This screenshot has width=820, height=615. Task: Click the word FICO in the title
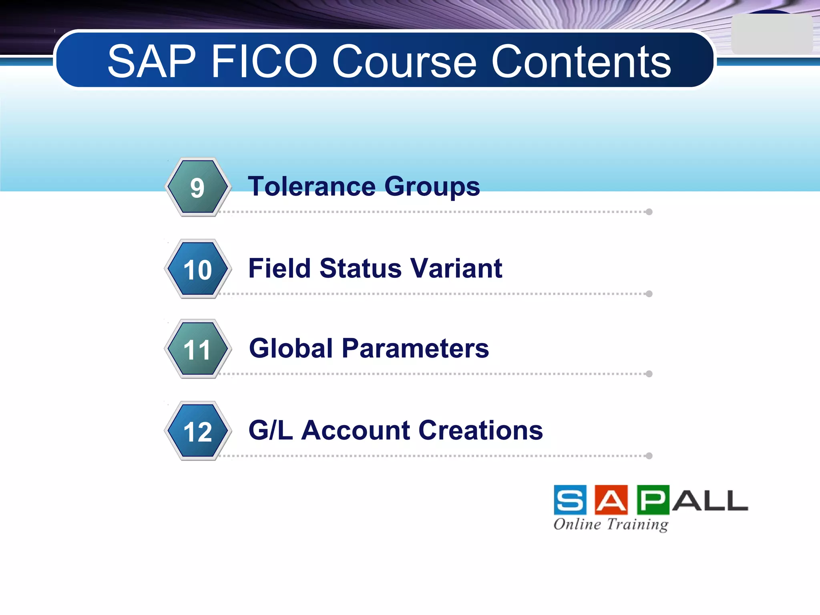click(264, 62)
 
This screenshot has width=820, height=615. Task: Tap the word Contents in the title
click(581, 62)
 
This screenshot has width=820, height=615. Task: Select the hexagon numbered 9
click(197, 187)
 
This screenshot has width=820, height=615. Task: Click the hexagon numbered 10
click(197, 269)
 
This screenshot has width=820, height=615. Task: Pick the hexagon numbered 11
click(197, 349)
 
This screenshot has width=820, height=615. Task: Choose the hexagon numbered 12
click(197, 431)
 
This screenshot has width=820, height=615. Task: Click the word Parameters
click(415, 348)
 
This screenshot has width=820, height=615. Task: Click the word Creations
click(480, 430)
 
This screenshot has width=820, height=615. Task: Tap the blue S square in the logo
click(570, 500)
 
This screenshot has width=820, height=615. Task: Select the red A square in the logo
click(611, 500)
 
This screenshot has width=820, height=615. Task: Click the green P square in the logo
click(653, 500)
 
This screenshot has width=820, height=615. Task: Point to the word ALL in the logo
click(710, 500)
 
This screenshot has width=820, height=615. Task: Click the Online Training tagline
click(611, 524)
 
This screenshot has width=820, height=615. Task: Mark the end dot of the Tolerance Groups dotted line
click(649, 212)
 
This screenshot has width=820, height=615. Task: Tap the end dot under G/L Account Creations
click(649, 456)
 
